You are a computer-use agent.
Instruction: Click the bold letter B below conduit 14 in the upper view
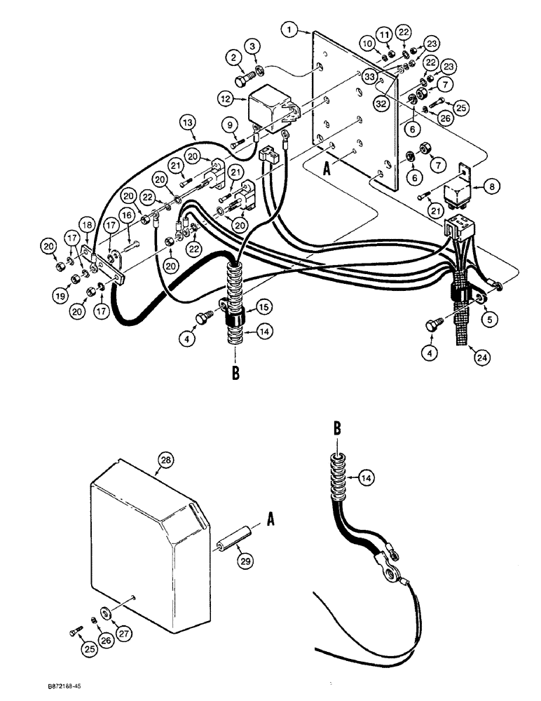tap(235, 374)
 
